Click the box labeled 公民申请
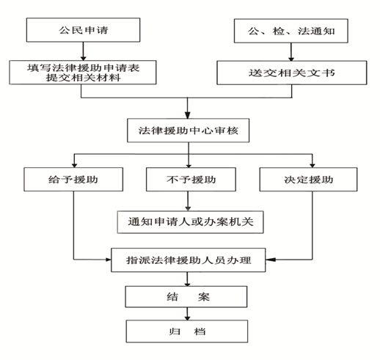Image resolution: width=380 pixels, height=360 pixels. point(83,30)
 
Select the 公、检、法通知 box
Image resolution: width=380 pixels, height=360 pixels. point(291,31)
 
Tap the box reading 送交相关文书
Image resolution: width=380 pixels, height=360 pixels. point(292,73)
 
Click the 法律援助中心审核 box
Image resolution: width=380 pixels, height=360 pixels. point(188,131)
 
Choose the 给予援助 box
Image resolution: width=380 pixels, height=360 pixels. point(73,180)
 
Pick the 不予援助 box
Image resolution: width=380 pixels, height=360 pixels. point(191,180)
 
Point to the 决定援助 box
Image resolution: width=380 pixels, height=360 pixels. point(308,180)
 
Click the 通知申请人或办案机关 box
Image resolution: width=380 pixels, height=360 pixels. point(190,222)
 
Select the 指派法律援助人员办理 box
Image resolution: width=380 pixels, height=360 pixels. point(189,260)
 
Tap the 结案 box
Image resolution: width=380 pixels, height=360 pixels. point(186,297)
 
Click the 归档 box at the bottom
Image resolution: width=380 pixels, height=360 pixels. point(187,331)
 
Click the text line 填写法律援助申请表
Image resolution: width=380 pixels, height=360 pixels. point(83,67)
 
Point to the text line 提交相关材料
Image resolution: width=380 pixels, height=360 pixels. point(83,78)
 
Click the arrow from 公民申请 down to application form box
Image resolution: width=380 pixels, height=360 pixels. point(84,51)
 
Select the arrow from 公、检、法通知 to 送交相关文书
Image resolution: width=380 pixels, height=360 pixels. point(291,52)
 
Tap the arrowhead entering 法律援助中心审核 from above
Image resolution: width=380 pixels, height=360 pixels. point(188,115)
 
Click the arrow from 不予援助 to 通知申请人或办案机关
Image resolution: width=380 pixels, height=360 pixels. point(188,201)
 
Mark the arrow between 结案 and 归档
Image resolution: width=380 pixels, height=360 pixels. point(187,314)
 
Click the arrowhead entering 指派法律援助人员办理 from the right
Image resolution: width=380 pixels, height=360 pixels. point(271,260)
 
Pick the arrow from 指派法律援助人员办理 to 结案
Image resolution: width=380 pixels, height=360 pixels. point(187,279)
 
